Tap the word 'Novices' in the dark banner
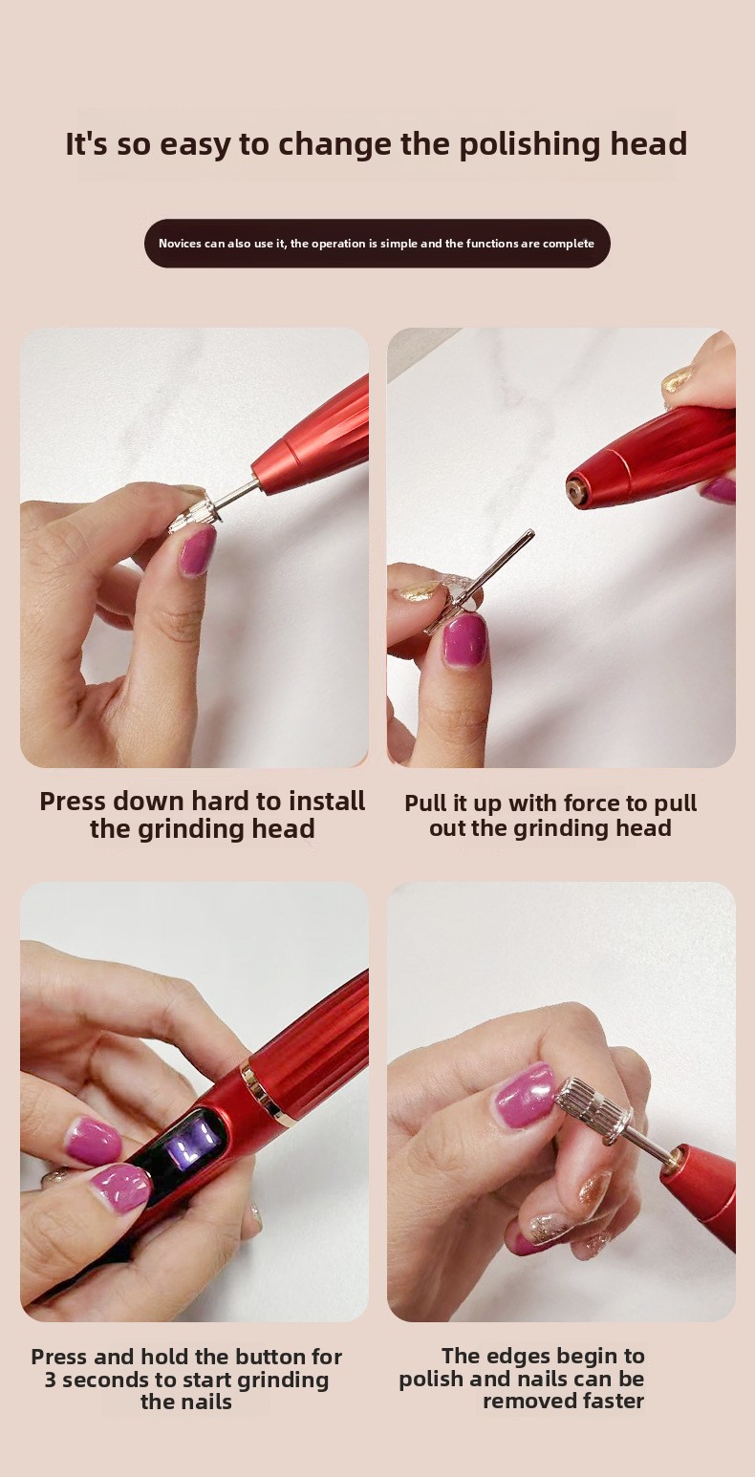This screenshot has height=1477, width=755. point(180,244)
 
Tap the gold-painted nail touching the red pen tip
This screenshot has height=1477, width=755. point(677,379)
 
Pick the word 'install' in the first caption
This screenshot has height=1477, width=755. point(327,802)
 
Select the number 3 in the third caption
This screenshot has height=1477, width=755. point(50,1380)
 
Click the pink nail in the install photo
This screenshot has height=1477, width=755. point(197,549)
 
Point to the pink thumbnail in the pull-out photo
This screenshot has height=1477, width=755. point(464,639)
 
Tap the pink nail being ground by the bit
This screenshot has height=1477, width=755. point(527,1095)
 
